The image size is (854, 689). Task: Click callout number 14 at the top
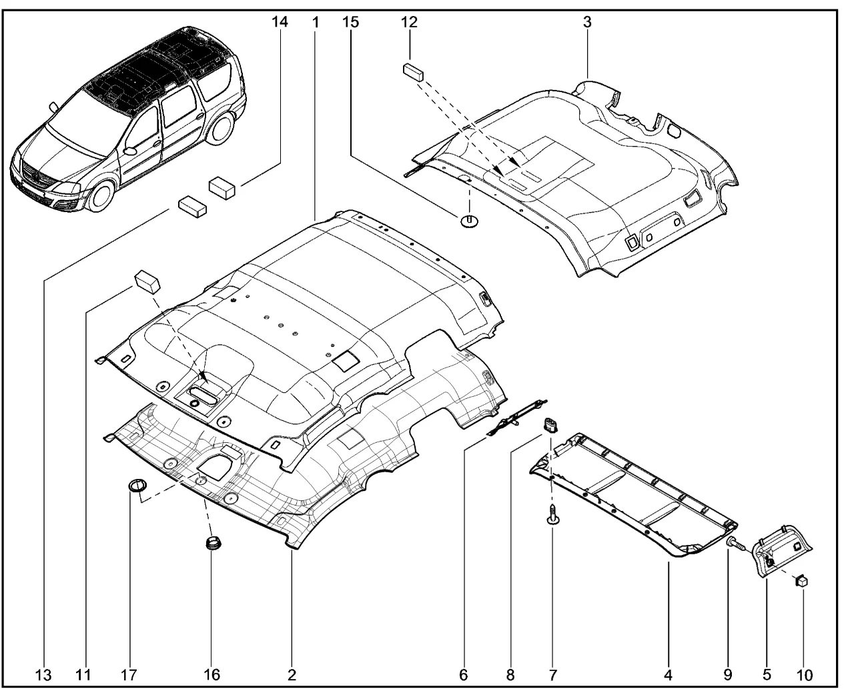(x=280, y=22)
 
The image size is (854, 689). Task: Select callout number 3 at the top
(x=587, y=22)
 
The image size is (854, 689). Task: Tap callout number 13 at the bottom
(x=43, y=674)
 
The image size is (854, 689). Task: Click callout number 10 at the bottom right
(x=803, y=674)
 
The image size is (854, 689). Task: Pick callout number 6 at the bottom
(x=463, y=674)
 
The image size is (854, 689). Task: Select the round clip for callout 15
(x=470, y=220)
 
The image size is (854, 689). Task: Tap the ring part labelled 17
(x=137, y=485)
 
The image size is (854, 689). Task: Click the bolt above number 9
(x=735, y=542)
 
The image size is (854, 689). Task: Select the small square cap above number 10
(x=801, y=581)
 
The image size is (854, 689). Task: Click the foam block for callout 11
(x=147, y=281)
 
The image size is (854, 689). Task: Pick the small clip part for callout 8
(x=551, y=424)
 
